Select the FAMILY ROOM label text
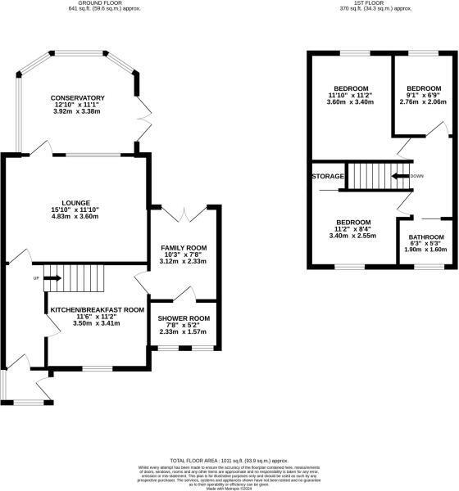click(183, 247)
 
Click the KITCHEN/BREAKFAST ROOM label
click(97, 310)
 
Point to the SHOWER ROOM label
click(184, 318)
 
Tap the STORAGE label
click(326, 176)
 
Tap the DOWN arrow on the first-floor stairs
click(401, 176)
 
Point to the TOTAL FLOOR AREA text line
click(229, 461)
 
